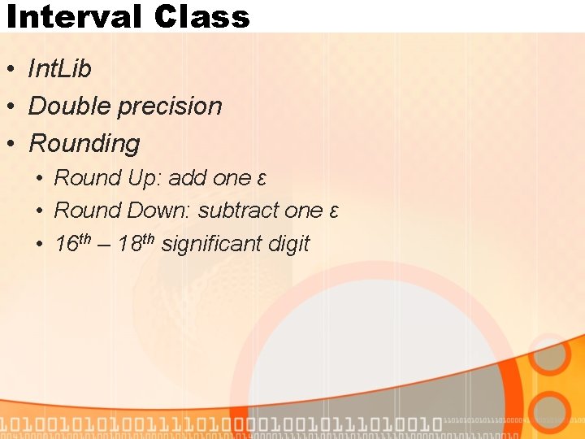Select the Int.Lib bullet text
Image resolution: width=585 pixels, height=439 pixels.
point(59,69)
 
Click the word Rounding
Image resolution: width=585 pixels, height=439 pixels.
point(84,144)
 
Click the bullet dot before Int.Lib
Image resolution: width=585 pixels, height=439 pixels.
point(11,70)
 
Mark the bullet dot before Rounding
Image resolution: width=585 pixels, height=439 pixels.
point(11,145)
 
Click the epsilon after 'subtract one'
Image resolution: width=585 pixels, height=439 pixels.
point(333,211)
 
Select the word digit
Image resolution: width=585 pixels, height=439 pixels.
point(290,243)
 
